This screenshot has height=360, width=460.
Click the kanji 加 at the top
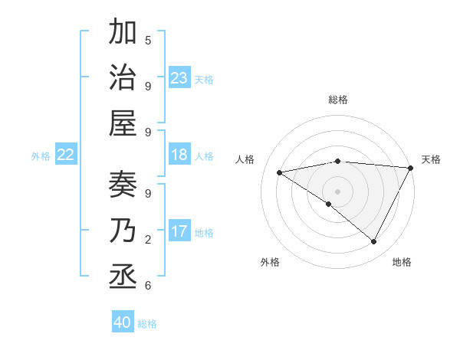pos(123,34)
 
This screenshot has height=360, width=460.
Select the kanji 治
pos(123,78)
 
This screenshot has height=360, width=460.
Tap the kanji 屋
pos(123,123)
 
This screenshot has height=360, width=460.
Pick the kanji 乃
pos(123,231)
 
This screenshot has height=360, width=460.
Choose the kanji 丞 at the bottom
pos(123,275)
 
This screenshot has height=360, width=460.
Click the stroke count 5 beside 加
pos(148,40)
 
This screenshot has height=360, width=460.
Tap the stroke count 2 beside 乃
pos(148,240)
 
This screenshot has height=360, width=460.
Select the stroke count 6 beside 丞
pos(148,285)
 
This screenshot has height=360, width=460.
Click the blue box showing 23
pos(179,77)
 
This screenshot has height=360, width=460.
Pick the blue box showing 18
pos(179,155)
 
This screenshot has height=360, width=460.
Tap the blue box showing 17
pos(179,231)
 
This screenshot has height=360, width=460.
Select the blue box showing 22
pos(66,155)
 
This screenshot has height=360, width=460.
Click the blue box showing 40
pos(123,322)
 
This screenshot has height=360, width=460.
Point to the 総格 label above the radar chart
pos(338,100)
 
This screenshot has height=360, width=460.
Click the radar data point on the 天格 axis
pos(411,168)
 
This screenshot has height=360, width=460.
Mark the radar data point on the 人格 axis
pos(280,172)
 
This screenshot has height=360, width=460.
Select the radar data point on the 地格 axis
pos(374,242)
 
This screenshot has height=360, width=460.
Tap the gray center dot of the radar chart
pos(338,191)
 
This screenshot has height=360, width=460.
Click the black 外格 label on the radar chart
pos(270,262)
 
